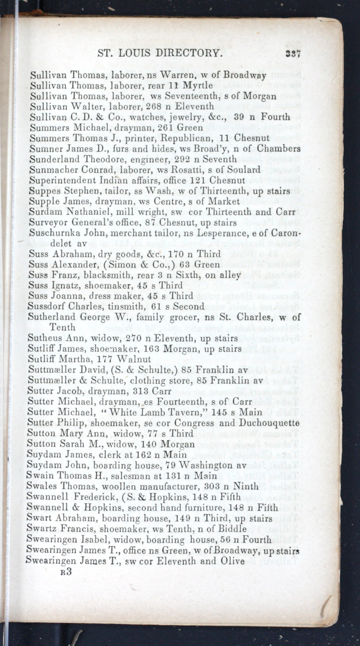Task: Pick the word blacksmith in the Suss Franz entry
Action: tap(112, 275)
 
